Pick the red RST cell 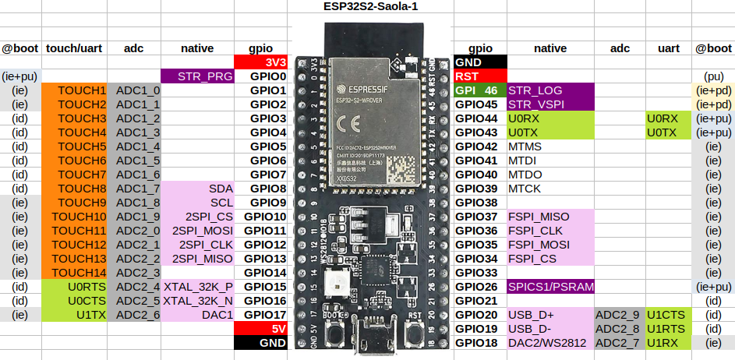tap(479, 76)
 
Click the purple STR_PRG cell tap(197, 76)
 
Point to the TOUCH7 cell tap(76, 175)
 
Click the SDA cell tap(197, 189)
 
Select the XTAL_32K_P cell tap(197, 287)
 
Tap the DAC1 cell tap(197, 315)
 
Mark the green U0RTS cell tap(76, 287)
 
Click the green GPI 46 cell tap(479, 90)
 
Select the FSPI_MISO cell tap(550, 217)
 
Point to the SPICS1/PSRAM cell tap(550, 287)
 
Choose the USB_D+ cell tap(550, 315)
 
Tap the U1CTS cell tap(669, 315)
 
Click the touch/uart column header tap(75, 48)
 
